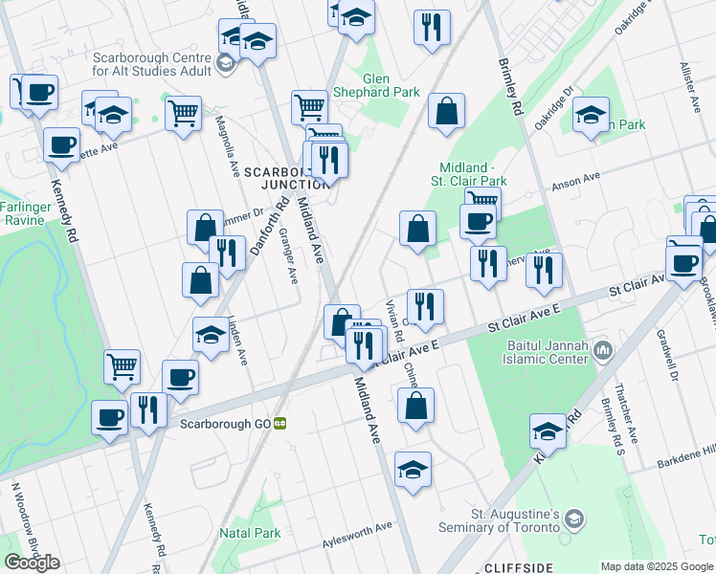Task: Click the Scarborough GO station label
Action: [x=221, y=423]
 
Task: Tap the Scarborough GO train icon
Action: [x=280, y=423]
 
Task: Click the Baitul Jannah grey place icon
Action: [x=602, y=351]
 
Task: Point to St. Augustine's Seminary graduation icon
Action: [x=573, y=519]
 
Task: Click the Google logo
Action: [x=32, y=563]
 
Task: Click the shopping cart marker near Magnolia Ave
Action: [x=183, y=113]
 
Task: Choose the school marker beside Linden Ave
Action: [x=211, y=335]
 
